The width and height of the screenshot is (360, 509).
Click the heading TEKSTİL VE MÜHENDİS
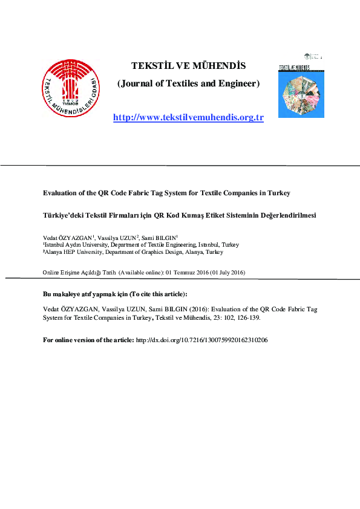click(188, 65)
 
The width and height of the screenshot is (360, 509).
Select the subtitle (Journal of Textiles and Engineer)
click(188, 83)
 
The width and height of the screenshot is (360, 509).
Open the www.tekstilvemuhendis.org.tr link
click(188, 117)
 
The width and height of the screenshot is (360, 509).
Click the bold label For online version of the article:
click(89, 340)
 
